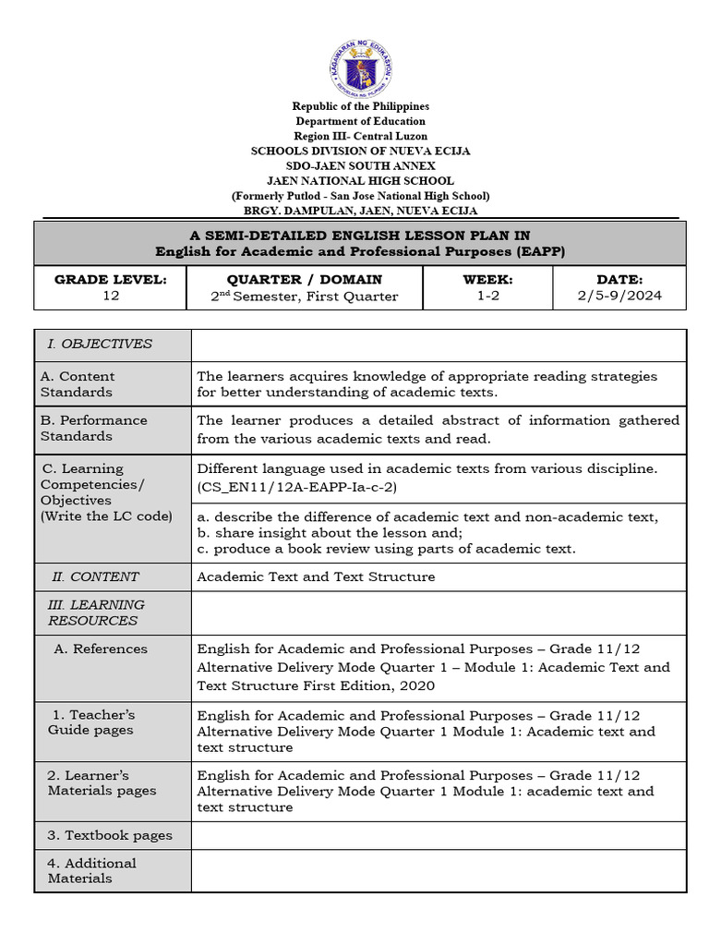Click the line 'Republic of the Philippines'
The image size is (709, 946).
pos(360,106)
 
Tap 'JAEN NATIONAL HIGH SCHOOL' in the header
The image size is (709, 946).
pos(360,180)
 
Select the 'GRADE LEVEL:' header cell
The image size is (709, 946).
pos(110,279)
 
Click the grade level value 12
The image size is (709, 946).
pos(110,297)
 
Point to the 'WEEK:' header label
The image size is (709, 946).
pos(487,279)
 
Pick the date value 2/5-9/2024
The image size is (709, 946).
pos(619,297)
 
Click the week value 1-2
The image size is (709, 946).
pos(487,297)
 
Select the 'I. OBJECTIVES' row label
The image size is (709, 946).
pos(100,344)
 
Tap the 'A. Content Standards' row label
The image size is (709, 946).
pos(78,383)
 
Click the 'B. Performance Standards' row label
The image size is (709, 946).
pos(93,428)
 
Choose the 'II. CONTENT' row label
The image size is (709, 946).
pos(95,576)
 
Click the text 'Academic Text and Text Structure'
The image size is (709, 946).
pos(316,576)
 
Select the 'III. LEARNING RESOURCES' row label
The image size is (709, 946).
pos(96,612)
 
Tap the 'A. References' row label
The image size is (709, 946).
pos(101,649)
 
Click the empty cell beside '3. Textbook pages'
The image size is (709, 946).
pos(439,835)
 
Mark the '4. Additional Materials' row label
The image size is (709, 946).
pos(91,870)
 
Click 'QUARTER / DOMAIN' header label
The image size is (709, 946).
pos(304,279)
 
